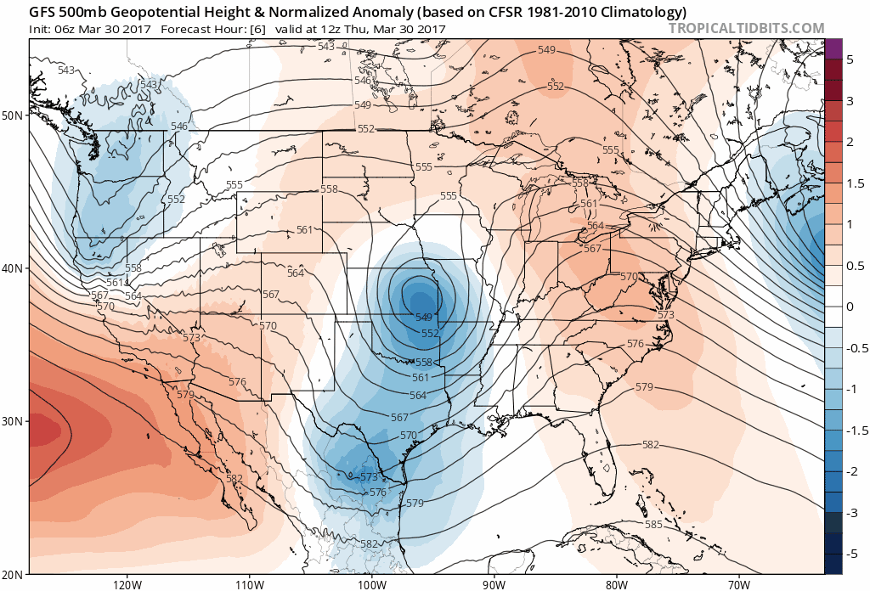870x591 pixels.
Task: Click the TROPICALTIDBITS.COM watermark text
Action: [x=746, y=28]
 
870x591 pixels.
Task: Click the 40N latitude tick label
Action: [x=14, y=267]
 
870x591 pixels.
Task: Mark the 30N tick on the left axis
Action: [x=14, y=421]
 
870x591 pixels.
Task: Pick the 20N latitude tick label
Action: [x=14, y=574]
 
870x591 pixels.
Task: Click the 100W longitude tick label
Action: [x=371, y=584]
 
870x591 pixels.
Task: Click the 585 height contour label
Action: [x=653, y=525]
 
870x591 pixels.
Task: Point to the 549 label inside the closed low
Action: [x=424, y=317]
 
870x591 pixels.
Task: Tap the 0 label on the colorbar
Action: [x=850, y=307]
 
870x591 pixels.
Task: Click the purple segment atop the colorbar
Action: [x=833, y=49]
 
